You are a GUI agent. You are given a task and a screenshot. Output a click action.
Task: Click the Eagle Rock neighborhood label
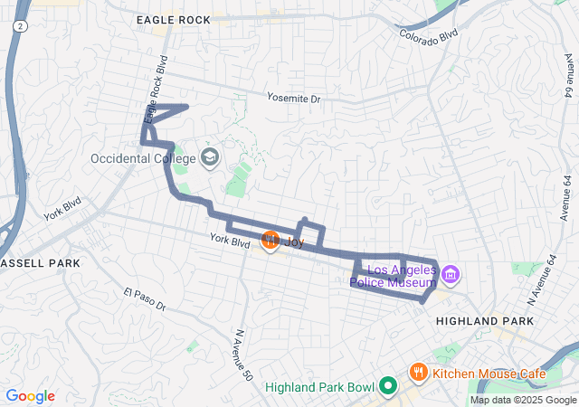tap(173, 19)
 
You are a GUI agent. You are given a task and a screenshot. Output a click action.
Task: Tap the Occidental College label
tap(144, 158)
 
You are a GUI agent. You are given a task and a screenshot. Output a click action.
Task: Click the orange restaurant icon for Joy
tap(270, 241)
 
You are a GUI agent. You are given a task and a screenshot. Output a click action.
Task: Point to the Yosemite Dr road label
tap(294, 98)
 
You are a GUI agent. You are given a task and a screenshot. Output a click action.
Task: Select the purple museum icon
tap(452, 273)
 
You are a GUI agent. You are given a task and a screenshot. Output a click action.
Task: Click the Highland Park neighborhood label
tap(484, 321)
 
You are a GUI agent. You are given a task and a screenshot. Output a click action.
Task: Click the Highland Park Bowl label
tap(319, 388)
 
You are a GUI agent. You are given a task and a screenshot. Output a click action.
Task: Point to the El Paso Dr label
tap(145, 299)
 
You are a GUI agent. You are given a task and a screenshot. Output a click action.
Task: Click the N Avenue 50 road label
tap(241, 355)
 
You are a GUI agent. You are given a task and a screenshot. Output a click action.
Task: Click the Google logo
tap(31, 396)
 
